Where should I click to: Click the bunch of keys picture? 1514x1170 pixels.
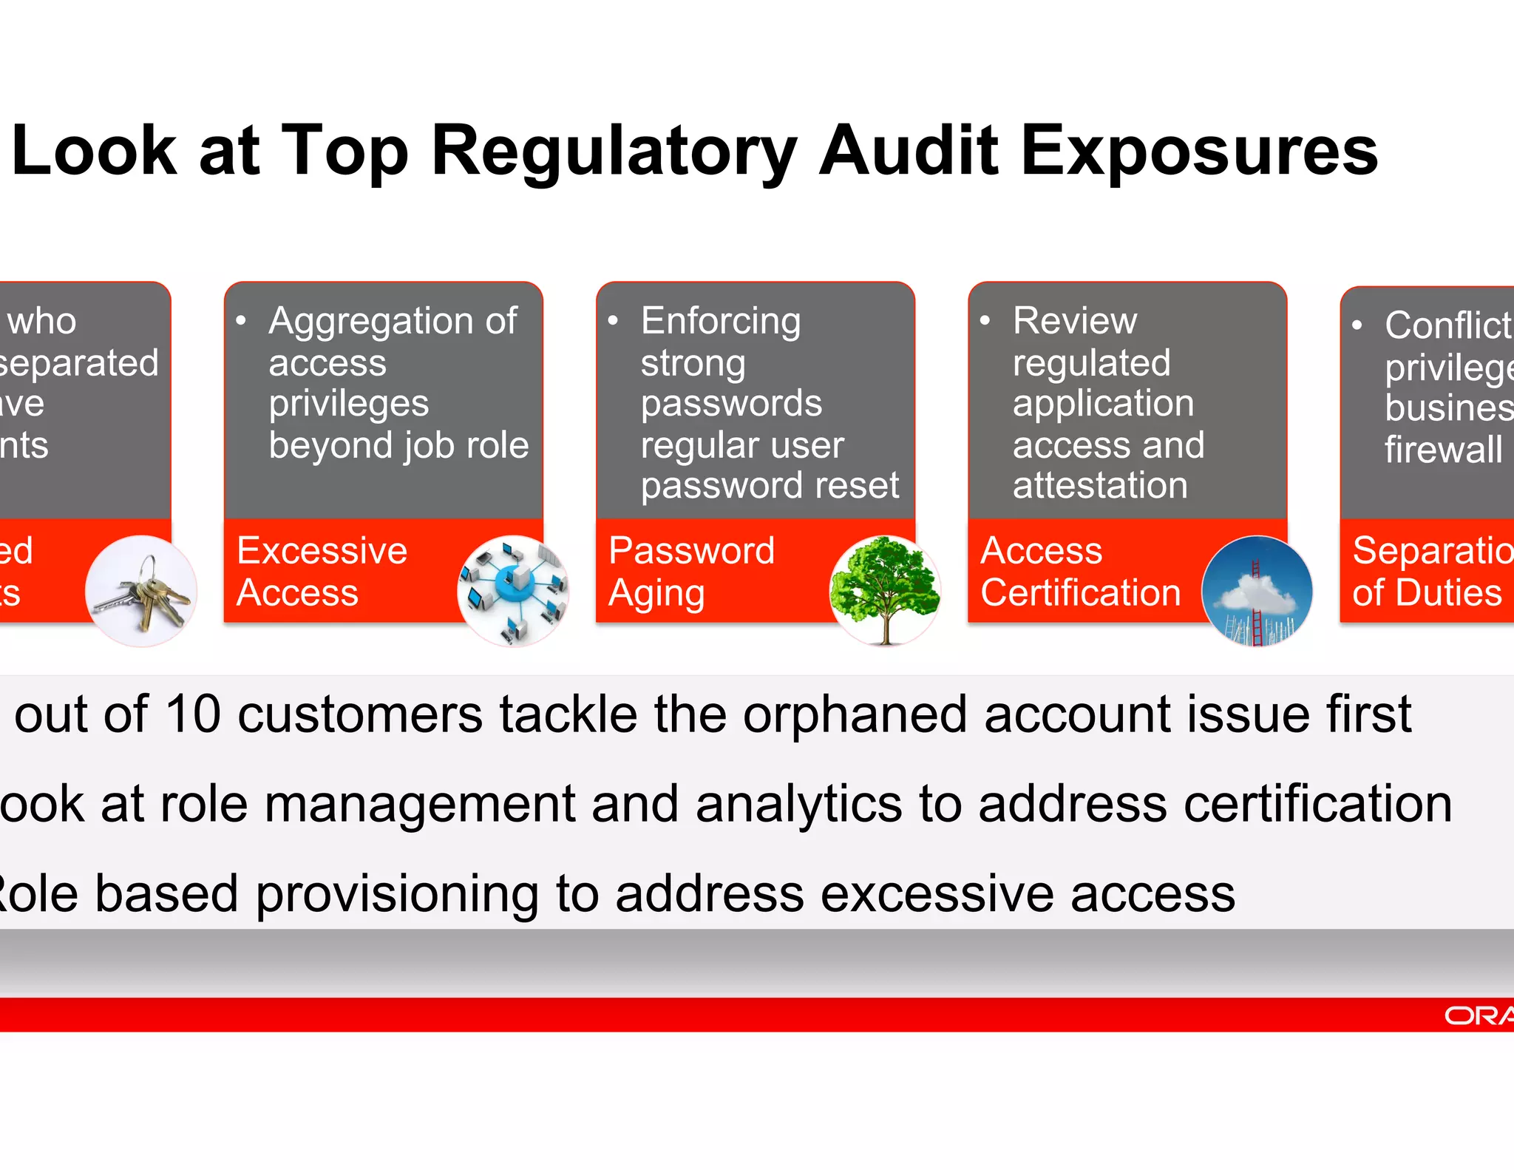tap(141, 591)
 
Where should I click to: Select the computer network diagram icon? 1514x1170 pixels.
tap(513, 591)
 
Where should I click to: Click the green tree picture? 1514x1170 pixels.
tap(885, 591)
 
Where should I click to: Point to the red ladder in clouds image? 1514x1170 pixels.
tap(1257, 591)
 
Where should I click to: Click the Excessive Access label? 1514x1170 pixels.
tap(322, 572)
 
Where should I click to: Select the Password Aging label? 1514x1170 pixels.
tap(691, 572)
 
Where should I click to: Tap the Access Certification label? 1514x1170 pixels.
tap(1079, 572)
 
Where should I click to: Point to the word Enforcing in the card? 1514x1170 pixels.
tap(721, 322)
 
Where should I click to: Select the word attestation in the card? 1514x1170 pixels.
tap(1100, 486)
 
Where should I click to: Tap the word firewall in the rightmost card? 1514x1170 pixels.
tap(1443, 450)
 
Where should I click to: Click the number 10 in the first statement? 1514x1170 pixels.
tap(193, 715)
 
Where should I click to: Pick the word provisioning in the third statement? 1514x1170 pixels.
tap(398, 894)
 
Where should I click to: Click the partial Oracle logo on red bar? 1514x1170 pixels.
tap(1479, 1015)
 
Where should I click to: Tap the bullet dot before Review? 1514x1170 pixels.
tap(985, 321)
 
